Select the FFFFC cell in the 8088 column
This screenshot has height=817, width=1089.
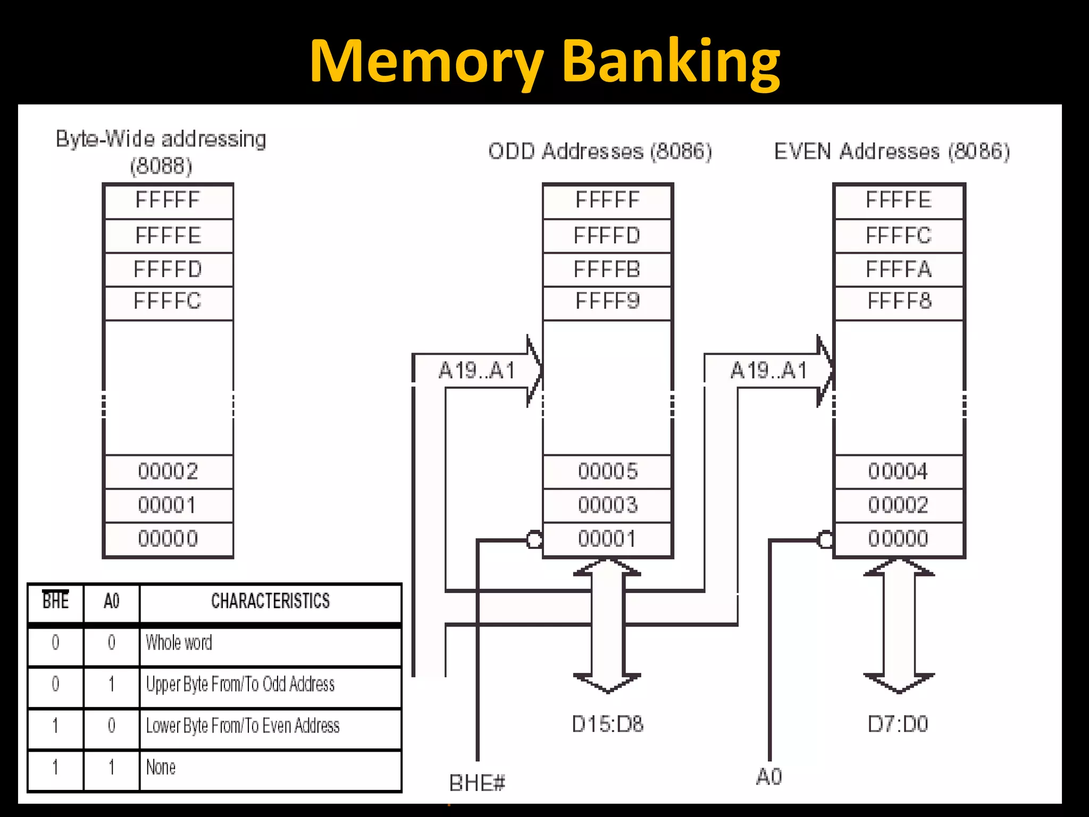tap(167, 302)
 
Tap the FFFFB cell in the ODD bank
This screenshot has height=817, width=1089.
tap(607, 270)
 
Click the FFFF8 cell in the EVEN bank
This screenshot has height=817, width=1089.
tap(899, 302)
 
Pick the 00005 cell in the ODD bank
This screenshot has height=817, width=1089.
tap(607, 471)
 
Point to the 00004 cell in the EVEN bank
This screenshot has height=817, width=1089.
tap(899, 471)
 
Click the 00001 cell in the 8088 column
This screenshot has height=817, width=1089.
tap(167, 505)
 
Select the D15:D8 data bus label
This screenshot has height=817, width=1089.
tap(607, 724)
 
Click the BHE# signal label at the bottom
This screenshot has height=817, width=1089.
tap(477, 783)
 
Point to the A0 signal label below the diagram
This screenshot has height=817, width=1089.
tap(769, 777)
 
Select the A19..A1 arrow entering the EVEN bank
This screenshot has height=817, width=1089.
tap(769, 371)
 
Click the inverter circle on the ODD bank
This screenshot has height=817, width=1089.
tap(534, 540)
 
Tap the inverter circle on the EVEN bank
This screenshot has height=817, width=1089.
tap(825, 540)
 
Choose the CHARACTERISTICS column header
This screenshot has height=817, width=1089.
tap(270, 601)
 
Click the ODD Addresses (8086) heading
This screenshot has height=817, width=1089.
tap(600, 152)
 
